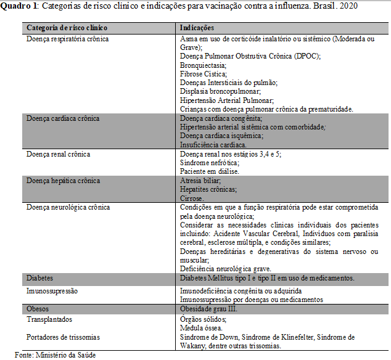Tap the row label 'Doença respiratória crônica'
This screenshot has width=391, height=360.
point(68,39)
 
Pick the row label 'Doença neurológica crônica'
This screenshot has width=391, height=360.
point(68,208)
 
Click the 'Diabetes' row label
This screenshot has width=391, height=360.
point(40,279)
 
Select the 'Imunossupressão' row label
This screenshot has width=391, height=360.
point(52,290)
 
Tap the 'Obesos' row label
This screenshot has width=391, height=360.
point(38,308)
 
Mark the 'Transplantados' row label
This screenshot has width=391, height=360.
point(49,319)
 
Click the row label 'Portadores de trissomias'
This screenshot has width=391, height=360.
point(63,337)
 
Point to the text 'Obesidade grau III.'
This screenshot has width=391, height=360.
point(208,308)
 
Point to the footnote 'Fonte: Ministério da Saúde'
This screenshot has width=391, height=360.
point(56,354)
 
